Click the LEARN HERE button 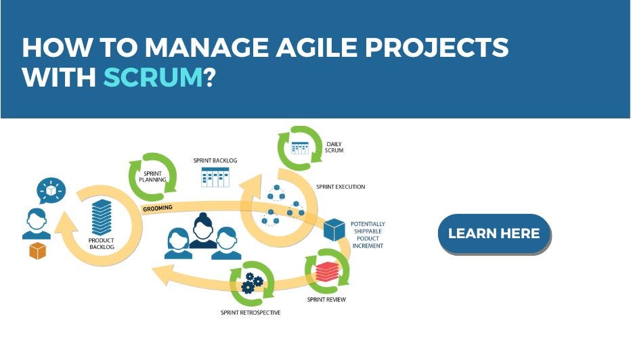(x=494, y=233)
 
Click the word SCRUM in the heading (x=152, y=78)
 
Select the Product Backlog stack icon (x=101, y=217)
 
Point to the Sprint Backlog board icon (x=215, y=177)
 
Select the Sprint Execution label (x=341, y=186)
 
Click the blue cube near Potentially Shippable (x=334, y=230)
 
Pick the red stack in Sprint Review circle (x=327, y=271)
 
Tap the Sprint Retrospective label (x=250, y=313)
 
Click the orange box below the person (x=37, y=251)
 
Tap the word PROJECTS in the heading (x=440, y=47)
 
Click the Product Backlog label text (x=101, y=244)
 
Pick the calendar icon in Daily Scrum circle (x=299, y=147)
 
